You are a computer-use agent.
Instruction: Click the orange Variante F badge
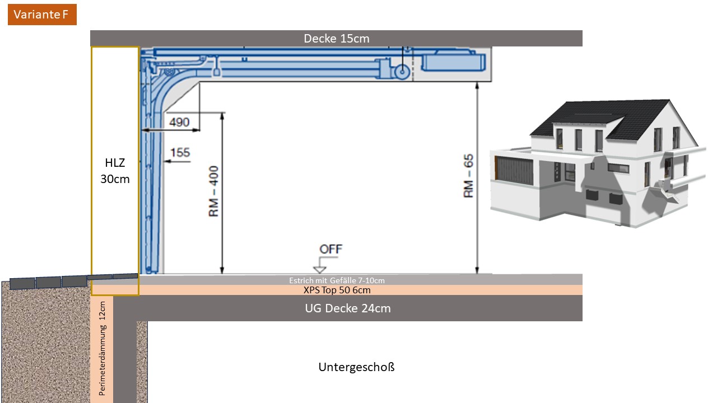(42, 15)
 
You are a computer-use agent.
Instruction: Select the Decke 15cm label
(337, 39)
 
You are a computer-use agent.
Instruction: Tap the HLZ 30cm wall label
(115, 171)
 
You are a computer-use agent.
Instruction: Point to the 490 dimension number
(179, 122)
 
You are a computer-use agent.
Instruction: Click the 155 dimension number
(180, 152)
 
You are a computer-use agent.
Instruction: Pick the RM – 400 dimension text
(213, 191)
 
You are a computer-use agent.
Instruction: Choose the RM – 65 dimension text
(468, 176)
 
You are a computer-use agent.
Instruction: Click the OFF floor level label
(330, 249)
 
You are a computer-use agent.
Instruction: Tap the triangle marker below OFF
(319, 270)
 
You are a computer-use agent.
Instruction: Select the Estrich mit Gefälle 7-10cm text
(337, 280)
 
